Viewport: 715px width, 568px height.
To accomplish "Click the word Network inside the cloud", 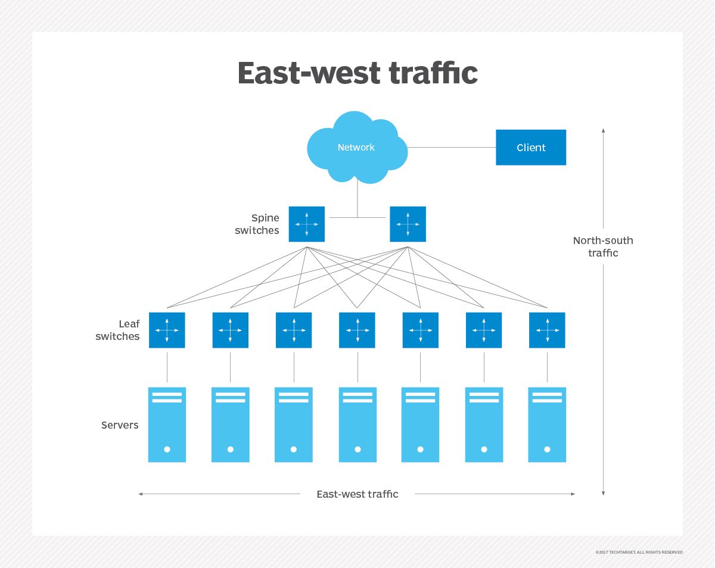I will coord(356,147).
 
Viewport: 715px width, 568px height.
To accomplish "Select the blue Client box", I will coord(531,147).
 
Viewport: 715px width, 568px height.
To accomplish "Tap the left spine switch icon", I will coord(307,224).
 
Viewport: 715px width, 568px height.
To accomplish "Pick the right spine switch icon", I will coord(408,224).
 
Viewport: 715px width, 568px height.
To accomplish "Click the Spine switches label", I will coord(257,224).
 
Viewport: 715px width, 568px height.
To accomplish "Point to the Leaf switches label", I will coord(120,330).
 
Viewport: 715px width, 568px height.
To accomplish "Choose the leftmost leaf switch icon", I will coord(167,330).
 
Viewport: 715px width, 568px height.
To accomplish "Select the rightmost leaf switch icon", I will coord(547,330).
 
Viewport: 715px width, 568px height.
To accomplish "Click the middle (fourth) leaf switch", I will coord(357,330).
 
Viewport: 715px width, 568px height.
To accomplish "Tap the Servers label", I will coord(120,425).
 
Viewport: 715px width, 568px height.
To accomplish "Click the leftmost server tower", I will coord(167,425).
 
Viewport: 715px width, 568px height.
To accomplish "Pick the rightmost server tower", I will coord(547,425).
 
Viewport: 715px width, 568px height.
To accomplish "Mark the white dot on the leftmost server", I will coord(167,449).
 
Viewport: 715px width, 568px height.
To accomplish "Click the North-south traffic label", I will coord(603,246).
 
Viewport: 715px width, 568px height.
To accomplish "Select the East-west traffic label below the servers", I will coord(357,494).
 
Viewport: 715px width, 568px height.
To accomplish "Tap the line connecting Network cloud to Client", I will coord(452,147).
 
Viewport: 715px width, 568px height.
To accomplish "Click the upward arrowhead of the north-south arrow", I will coord(604,130).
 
